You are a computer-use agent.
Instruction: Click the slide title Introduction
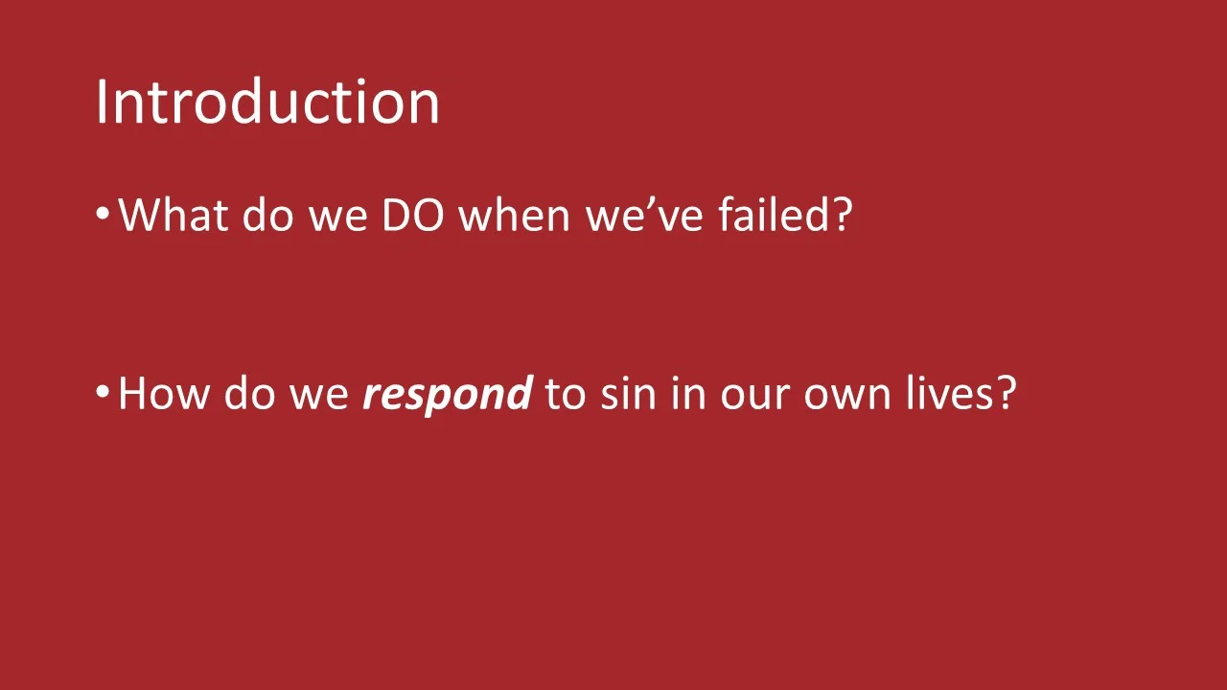267,102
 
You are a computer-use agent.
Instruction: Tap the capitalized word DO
412,215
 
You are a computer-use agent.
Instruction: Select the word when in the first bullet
515,215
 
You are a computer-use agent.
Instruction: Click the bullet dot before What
104,215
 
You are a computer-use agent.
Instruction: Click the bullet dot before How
104,393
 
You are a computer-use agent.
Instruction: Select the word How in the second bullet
163,393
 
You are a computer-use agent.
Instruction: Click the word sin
627,393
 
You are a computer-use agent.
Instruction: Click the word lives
951,393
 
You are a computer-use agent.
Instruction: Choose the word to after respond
565,393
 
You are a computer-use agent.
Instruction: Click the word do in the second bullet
248,393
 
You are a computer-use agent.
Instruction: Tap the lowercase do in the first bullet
266,215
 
